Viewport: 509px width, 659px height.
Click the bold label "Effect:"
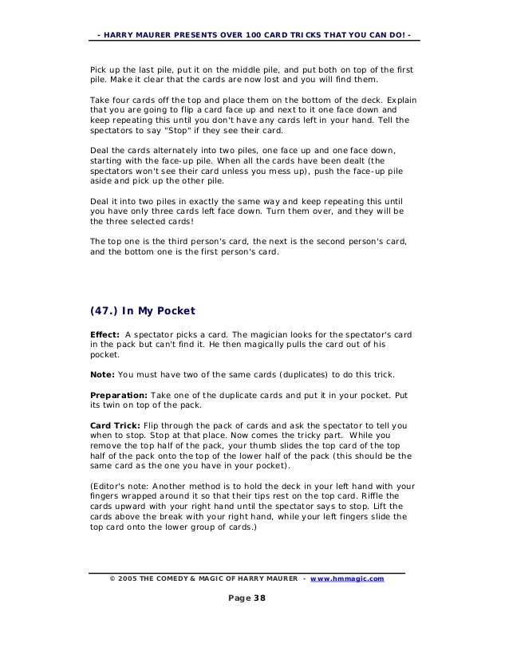pyautogui.click(x=105, y=333)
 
